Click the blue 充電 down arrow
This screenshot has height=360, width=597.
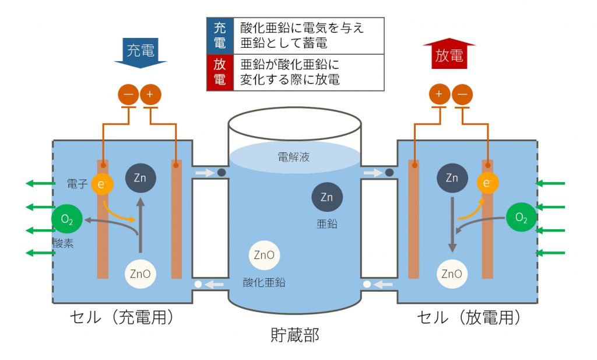[141, 53]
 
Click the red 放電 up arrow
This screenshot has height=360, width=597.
[449, 53]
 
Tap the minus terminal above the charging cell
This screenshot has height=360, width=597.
[129, 95]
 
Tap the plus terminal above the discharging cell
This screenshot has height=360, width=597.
[440, 94]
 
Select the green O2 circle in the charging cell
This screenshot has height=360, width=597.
[67, 219]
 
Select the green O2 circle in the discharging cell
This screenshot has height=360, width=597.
[521, 218]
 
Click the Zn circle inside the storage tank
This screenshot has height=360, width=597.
[327, 197]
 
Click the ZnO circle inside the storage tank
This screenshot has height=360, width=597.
[264, 255]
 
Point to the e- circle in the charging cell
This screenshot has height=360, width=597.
[102, 184]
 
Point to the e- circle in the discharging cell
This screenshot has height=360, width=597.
[488, 183]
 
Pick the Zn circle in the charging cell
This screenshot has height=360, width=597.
[141, 178]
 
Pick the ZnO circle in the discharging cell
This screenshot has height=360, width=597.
[452, 274]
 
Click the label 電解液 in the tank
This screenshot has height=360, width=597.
[294, 157]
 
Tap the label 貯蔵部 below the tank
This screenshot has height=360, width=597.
[295, 335]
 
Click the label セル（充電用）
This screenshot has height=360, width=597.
[122, 317]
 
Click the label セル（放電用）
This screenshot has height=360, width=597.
[469, 317]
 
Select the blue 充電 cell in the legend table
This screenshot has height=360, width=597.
[220, 36]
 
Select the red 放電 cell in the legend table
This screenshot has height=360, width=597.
[220, 72]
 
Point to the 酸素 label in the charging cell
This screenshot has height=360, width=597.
[63, 243]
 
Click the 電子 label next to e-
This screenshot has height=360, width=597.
[78, 184]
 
